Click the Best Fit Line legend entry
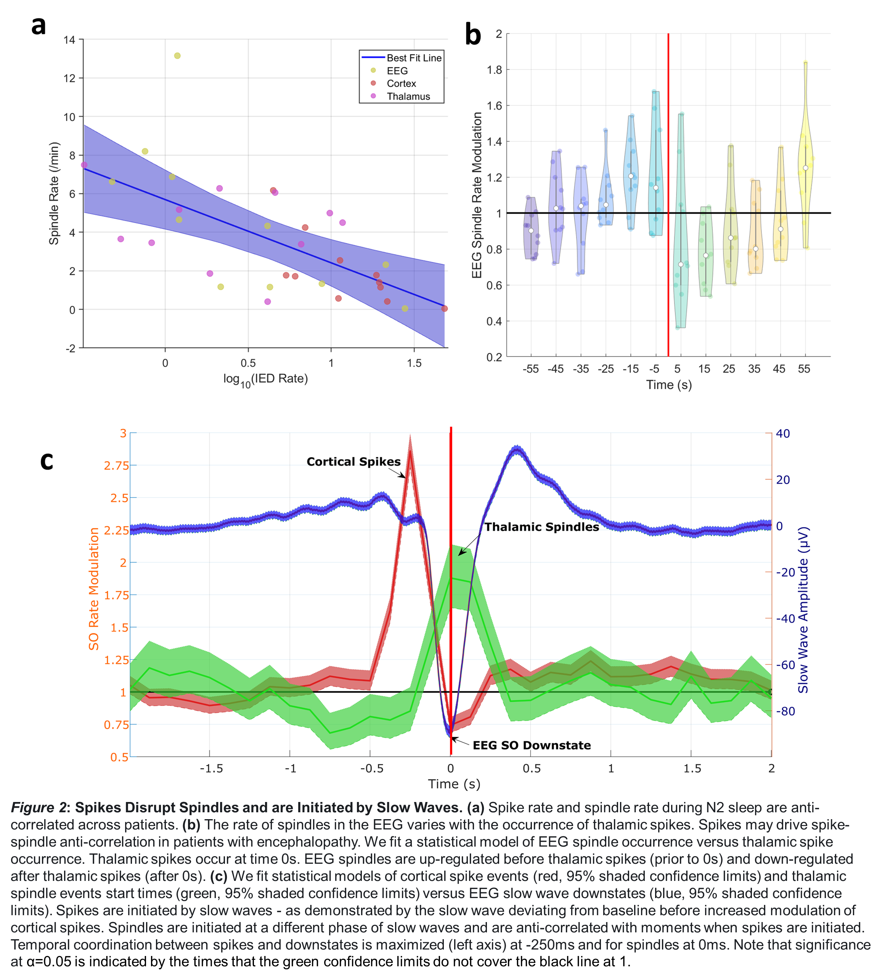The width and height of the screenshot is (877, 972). (x=413, y=58)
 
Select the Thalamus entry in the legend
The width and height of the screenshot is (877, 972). (x=408, y=96)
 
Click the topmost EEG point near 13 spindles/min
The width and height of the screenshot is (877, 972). (x=177, y=56)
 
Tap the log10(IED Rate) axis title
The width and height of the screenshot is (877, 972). (x=265, y=379)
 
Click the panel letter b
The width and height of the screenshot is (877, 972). (x=473, y=36)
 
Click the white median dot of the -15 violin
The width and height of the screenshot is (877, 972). (x=631, y=176)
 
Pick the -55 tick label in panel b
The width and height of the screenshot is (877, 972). (x=530, y=369)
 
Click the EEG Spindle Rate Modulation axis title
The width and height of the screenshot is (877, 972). (x=477, y=195)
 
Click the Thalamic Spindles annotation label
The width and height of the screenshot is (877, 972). (x=541, y=527)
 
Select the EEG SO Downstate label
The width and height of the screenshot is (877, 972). (x=532, y=745)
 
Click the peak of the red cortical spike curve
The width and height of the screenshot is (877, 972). (x=410, y=450)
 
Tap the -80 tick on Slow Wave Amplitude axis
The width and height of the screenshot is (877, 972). (x=785, y=711)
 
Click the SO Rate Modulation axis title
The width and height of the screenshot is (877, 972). (x=93, y=589)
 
